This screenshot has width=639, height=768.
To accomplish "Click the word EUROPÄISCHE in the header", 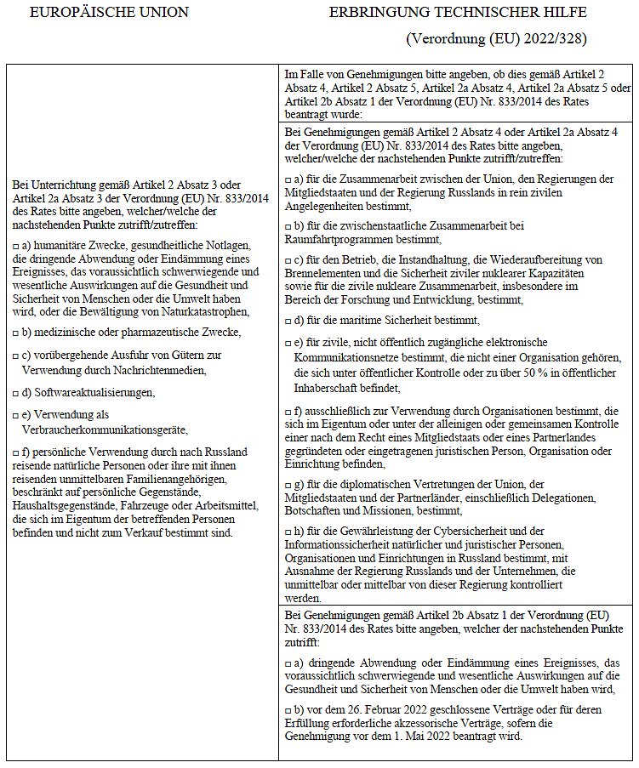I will (x=93, y=13).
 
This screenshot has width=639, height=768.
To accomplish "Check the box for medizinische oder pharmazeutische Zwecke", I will (x=15, y=332).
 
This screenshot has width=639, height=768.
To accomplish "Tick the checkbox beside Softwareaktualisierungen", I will (x=15, y=392).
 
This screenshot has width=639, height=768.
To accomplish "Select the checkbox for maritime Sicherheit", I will (x=288, y=321).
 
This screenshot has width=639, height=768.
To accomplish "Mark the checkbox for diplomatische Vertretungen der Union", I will (x=288, y=483).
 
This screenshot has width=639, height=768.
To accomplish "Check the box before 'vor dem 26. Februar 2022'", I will (x=288, y=711).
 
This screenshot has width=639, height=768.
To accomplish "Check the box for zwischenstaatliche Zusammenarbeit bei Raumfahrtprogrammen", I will (x=288, y=226).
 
